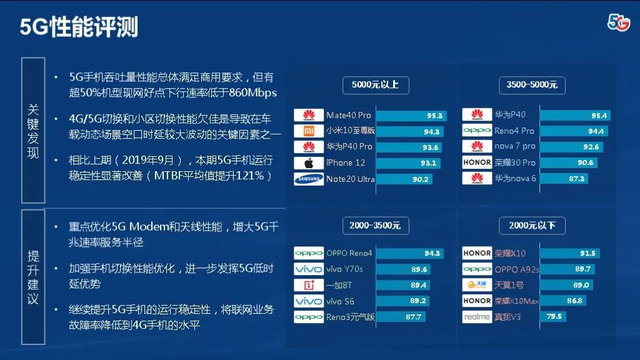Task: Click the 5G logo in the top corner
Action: tap(619, 22)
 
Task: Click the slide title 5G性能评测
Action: tap(79, 27)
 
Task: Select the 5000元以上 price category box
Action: tap(376, 85)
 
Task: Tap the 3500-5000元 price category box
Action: tap(532, 85)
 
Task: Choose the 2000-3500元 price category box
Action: tap(376, 225)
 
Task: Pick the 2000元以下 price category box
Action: tap(532, 225)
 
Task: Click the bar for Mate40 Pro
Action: tap(411, 116)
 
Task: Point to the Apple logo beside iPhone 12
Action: tap(309, 163)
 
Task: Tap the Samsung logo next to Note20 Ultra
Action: tap(309, 179)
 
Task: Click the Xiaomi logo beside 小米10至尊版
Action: tap(309, 131)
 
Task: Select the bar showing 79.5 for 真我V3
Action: tap(553, 316)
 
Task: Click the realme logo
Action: tap(477, 317)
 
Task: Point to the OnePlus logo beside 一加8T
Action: tap(309, 285)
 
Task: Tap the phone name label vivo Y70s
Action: tap(344, 269)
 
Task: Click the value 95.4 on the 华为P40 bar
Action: tap(599, 116)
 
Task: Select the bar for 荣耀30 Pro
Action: tap(569, 162)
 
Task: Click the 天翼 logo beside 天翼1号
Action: tap(477, 284)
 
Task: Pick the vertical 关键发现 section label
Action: tap(33, 131)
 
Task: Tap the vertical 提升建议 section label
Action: tap(33, 277)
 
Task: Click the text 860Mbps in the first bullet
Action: tap(252, 92)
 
